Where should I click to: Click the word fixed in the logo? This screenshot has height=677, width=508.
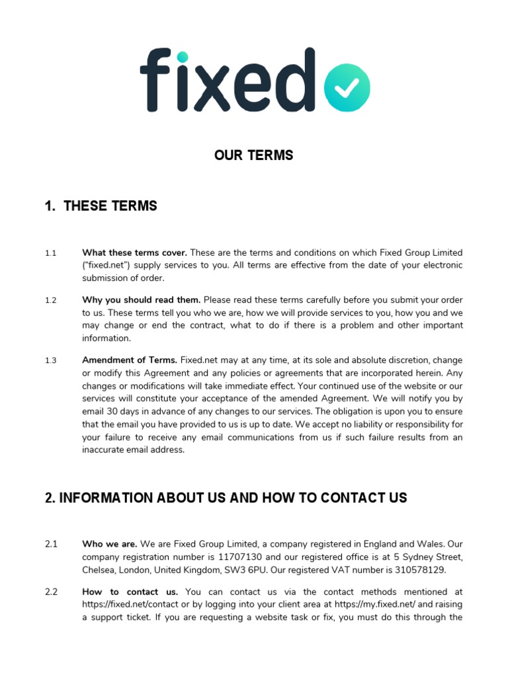(x=225, y=79)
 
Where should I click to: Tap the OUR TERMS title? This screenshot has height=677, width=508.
(x=253, y=155)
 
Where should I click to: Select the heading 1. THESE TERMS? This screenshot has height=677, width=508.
(x=101, y=206)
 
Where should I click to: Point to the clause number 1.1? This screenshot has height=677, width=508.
(x=51, y=253)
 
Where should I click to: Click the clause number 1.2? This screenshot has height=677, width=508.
(x=51, y=300)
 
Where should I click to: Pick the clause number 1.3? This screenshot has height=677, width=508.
(x=51, y=360)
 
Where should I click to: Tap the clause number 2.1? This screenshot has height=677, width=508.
(x=52, y=544)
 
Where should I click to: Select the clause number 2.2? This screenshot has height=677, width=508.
(x=52, y=592)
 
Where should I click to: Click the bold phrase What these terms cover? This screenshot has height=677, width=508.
(x=134, y=253)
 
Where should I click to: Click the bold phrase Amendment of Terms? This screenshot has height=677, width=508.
(x=130, y=360)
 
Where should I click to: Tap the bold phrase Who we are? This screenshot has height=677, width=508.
(x=110, y=544)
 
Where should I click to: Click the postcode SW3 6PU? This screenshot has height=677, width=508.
(x=292, y=570)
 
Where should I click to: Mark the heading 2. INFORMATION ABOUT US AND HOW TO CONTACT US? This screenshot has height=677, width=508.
(x=226, y=497)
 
